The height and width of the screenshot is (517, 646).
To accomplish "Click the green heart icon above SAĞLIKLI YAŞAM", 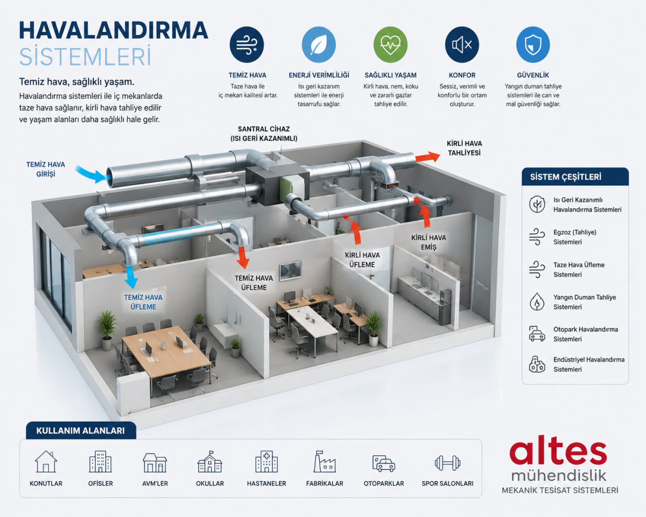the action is pyautogui.click(x=390, y=45).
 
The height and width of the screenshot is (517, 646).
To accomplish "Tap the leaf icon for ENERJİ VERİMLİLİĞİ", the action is pyautogui.click(x=319, y=45).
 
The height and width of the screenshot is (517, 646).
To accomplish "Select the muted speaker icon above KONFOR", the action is pyautogui.click(x=462, y=45).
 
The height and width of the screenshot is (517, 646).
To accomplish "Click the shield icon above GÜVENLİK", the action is pyautogui.click(x=533, y=45).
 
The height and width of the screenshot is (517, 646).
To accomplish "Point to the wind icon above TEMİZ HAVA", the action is pyautogui.click(x=247, y=45).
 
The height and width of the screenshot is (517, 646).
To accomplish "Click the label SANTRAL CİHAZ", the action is pyautogui.click(x=264, y=129).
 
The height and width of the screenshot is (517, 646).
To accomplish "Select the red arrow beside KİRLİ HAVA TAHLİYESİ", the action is pyautogui.click(x=428, y=157).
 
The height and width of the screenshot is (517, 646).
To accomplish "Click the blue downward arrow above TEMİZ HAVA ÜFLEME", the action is pyautogui.click(x=131, y=277).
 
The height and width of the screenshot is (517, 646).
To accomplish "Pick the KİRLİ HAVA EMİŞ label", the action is pyautogui.click(x=429, y=242).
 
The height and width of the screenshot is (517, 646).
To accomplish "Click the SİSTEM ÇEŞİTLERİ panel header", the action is pyautogui.click(x=575, y=177).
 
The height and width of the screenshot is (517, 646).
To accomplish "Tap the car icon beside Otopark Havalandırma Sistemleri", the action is pyautogui.click(x=537, y=334).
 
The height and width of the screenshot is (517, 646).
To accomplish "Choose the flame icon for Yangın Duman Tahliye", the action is pyautogui.click(x=537, y=302).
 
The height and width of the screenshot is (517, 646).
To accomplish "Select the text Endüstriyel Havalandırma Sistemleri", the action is pyautogui.click(x=588, y=365).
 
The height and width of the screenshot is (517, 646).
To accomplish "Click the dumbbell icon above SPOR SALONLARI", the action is pyautogui.click(x=447, y=463).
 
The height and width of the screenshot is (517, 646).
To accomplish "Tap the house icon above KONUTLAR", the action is pyautogui.click(x=46, y=462).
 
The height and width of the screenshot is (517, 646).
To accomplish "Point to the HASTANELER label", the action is pyautogui.click(x=266, y=484).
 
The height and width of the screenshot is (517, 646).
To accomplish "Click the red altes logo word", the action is pyautogui.click(x=558, y=454).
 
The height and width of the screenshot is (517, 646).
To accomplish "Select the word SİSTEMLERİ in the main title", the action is pyautogui.click(x=85, y=56).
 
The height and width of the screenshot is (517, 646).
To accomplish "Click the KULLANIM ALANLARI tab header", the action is pyautogui.click(x=80, y=430).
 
